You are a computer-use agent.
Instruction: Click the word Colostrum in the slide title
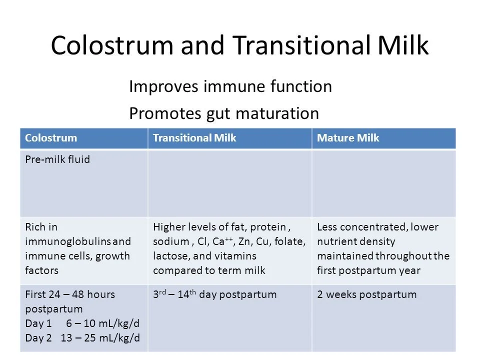point(112,45)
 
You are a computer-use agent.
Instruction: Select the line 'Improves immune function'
point(230,86)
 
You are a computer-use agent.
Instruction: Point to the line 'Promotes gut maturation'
point(224,113)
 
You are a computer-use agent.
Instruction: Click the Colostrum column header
point(51,138)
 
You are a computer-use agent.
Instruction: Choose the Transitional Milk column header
point(194,138)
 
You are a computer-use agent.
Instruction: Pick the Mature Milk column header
point(348,138)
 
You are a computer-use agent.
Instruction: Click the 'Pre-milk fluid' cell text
point(57,159)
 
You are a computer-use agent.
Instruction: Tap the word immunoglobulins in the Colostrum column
point(67,241)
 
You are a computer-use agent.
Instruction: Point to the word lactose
point(171,256)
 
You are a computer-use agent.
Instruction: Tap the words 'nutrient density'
point(356,241)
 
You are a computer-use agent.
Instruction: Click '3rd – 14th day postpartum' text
point(215,294)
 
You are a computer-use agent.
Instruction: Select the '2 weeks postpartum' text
point(366,294)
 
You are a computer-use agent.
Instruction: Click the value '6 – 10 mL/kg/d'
point(103,323)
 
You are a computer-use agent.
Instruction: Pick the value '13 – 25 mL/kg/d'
point(100,338)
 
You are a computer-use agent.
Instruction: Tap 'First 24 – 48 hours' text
point(70,294)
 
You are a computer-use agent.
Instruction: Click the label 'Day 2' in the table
point(38,338)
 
